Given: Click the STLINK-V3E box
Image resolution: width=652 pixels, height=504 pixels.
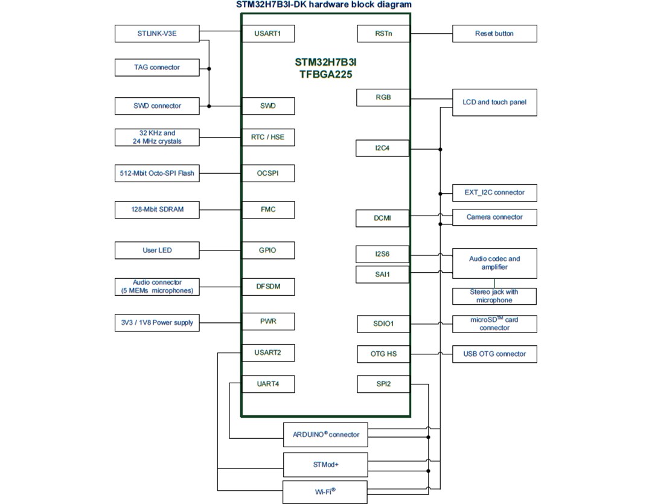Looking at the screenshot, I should click(x=156, y=34).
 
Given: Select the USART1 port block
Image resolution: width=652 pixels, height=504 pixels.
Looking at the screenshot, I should click(x=268, y=34).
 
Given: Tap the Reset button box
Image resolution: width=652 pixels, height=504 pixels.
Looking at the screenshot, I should click(x=494, y=34).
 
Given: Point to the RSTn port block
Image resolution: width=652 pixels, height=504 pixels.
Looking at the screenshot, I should click(x=383, y=34).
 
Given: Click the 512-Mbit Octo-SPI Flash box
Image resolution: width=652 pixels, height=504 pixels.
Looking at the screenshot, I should click(x=156, y=174).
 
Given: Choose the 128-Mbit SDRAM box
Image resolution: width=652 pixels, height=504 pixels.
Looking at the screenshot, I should click(x=156, y=210).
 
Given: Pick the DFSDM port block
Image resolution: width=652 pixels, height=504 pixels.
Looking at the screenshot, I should click(x=268, y=287).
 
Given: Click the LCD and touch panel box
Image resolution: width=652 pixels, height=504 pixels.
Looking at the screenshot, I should click(x=494, y=103).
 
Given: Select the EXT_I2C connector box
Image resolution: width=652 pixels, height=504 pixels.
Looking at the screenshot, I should click(x=494, y=193).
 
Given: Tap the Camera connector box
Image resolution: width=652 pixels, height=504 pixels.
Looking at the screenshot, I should click(x=494, y=217).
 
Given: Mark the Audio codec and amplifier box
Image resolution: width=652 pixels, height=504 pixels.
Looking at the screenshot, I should click(x=494, y=263).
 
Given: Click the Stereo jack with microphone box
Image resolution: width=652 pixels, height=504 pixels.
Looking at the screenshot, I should click(x=494, y=296).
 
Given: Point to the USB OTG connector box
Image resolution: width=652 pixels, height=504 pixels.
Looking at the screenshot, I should click(x=494, y=354).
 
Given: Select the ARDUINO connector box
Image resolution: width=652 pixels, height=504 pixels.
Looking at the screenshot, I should click(x=325, y=435).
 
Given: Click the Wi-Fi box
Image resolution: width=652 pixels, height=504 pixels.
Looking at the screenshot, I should click(x=325, y=492).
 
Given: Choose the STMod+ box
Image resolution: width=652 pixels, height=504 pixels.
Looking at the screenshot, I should click(x=325, y=465).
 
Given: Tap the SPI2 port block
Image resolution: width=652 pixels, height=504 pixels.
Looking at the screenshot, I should click(x=383, y=384).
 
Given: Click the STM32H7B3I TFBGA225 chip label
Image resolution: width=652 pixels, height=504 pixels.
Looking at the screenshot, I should click(x=325, y=69).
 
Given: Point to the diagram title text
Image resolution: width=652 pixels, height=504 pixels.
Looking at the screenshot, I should click(x=324, y=5).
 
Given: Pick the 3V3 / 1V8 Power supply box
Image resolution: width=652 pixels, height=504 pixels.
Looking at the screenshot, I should click(x=156, y=323).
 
